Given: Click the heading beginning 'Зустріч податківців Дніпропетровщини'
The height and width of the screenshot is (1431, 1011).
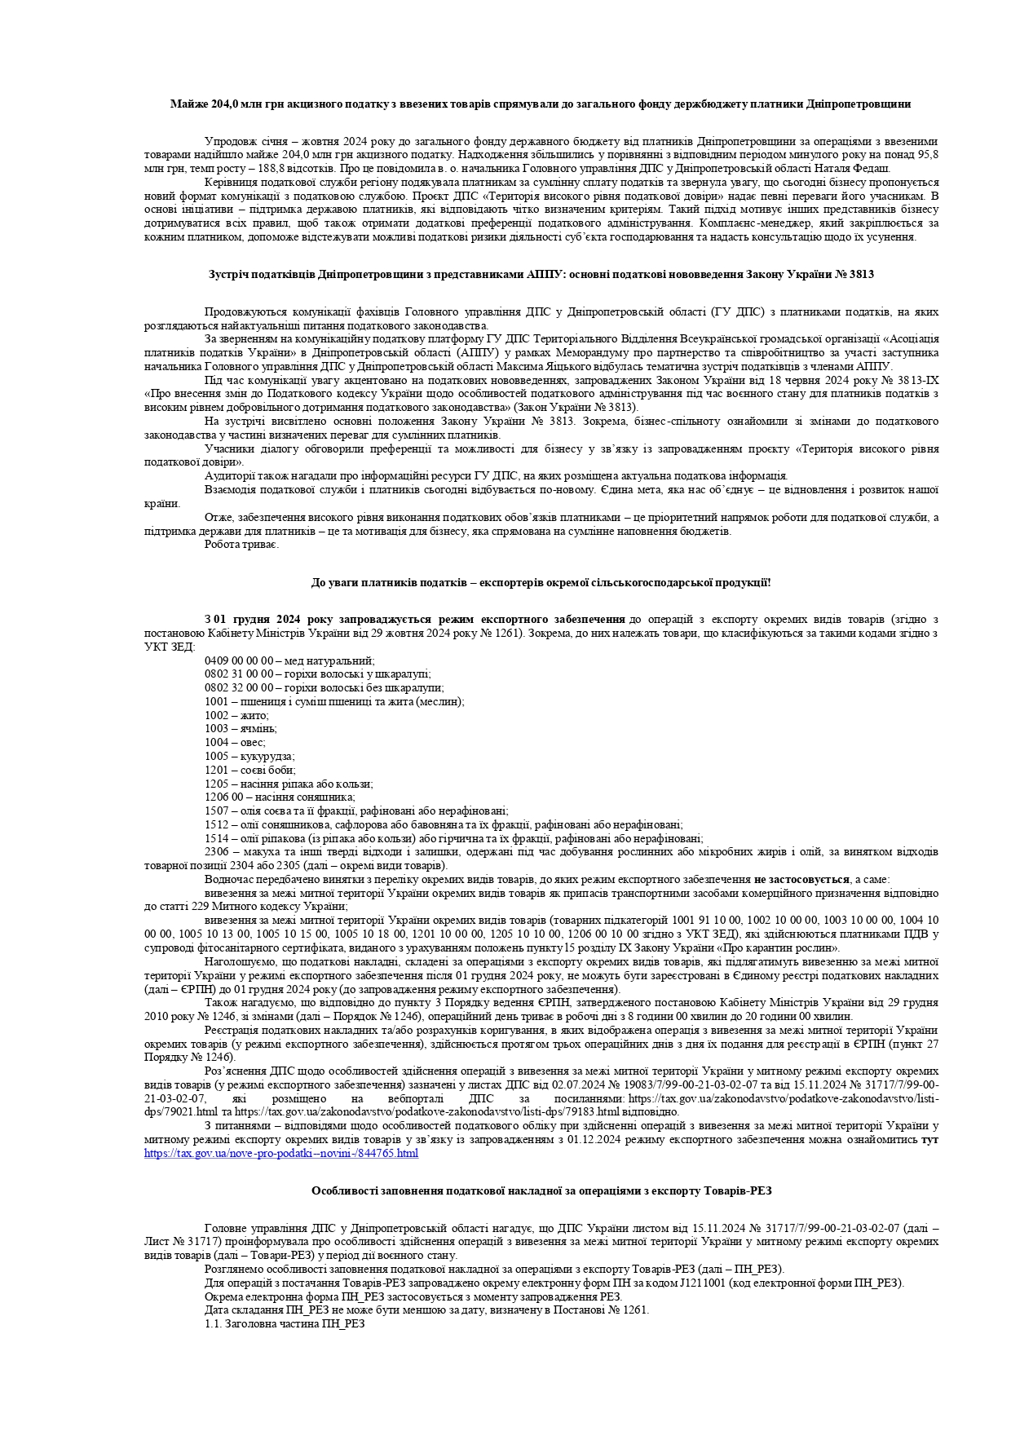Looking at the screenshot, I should tap(541, 275).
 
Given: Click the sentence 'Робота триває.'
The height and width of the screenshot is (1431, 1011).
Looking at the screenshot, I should tap(242, 545).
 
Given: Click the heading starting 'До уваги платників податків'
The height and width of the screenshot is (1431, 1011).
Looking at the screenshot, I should tap(541, 582).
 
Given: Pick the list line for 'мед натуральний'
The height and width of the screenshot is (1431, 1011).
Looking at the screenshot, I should tap(289, 660).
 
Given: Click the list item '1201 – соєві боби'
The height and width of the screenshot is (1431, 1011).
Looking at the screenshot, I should tap(250, 770).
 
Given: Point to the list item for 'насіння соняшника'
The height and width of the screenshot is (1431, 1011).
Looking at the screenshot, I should tap(280, 797).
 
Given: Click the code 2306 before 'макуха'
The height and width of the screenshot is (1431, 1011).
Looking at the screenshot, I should tap(216, 852).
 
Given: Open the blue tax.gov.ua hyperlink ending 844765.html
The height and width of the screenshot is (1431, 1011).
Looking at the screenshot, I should tap(281, 1154).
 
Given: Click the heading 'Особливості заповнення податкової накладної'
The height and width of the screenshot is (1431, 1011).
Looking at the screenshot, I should tap(541, 1190).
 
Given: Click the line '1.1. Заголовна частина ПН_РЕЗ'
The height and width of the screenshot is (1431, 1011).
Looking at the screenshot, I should tap(285, 1324).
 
